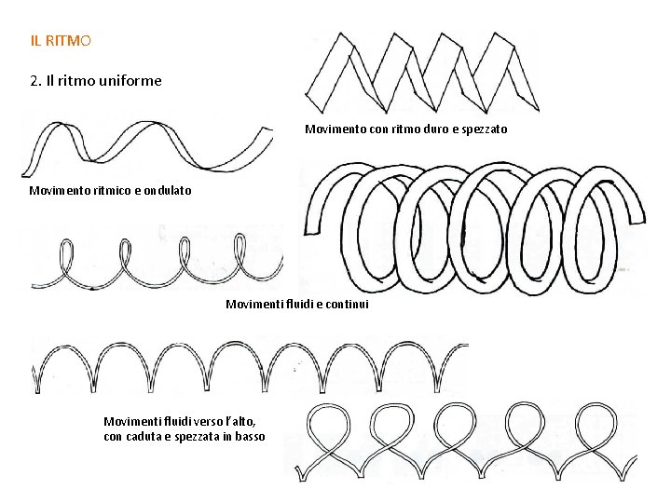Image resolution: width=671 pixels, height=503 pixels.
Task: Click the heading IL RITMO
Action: click(x=60, y=41)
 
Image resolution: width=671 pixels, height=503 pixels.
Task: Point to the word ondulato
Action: click(x=168, y=191)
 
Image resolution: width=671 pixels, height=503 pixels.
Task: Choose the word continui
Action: click(x=348, y=305)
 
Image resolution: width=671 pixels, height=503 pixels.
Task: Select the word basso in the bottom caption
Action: click(x=249, y=437)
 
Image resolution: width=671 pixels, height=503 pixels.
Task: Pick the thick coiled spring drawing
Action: click(x=475, y=224)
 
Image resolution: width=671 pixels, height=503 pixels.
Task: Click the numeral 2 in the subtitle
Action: click(x=34, y=81)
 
